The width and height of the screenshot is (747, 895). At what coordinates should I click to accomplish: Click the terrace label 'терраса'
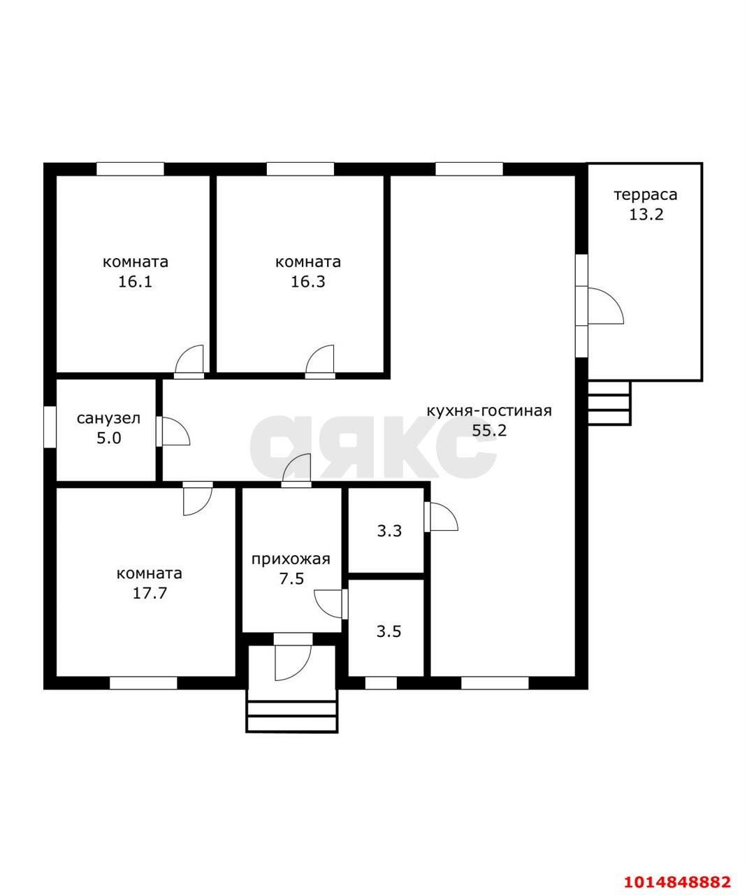pyautogui.click(x=646, y=196)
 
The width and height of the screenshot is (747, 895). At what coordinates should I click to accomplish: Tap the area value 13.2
pyautogui.click(x=646, y=215)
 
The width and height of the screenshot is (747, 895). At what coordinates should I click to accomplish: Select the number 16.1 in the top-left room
pyautogui.click(x=136, y=282)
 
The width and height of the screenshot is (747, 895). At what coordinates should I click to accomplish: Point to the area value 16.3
pyautogui.click(x=308, y=282)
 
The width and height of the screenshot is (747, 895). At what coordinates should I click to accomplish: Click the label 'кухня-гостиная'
pyautogui.click(x=489, y=410)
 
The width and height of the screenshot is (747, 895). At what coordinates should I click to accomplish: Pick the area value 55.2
pyautogui.click(x=489, y=430)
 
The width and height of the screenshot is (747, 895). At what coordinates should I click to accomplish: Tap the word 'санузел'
pyautogui.click(x=108, y=418)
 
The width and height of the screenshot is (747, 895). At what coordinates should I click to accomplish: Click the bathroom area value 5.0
pyautogui.click(x=109, y=438)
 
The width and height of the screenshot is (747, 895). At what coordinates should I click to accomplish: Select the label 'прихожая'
pyautogui.click(x=291, y=559)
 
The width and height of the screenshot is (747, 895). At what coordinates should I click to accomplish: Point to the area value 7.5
pyautogui.click(x=291, y=579)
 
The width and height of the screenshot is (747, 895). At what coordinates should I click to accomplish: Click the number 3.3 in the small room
pyautogui.click(x=389, y=531)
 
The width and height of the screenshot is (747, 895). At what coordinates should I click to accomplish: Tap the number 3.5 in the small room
pyautogui.click(x=389, y=631)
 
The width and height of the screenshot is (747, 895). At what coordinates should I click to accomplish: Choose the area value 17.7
pyautogui.click(x=150, y=593)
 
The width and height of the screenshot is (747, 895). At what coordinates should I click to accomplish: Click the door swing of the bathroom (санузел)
pyautogui.click(x=173, y=431)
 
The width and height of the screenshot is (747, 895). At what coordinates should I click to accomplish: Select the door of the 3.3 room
pyautogui.click(x=441, y=517)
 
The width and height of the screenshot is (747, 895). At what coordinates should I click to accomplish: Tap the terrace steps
pyautogui.click(x=609, y=403)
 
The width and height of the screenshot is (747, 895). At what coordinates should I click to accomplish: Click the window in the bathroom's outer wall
pyautogui.click(x=50, y=427)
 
